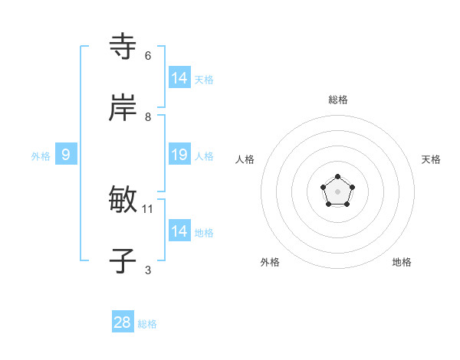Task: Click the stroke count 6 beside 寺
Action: click(148, 56)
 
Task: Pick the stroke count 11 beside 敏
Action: click(148, 208)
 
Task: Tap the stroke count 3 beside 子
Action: click(148, 270)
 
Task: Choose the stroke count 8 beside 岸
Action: click(148, 116)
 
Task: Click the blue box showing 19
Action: click(179, 155)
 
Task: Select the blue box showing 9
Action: click(66, 155)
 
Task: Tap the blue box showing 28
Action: click(123, 322)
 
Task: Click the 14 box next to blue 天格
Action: click(179, 78)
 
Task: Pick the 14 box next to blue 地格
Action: click(179, 231)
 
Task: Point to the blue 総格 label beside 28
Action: click(147, 324)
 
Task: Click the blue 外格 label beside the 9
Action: click(41, 156)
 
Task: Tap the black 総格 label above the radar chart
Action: click(337, 100)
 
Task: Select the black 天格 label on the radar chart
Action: click(431, 159)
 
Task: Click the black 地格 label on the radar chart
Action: click(402, 262)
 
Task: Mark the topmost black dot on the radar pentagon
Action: click(337, 177)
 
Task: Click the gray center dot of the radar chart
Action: click(337, 191)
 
